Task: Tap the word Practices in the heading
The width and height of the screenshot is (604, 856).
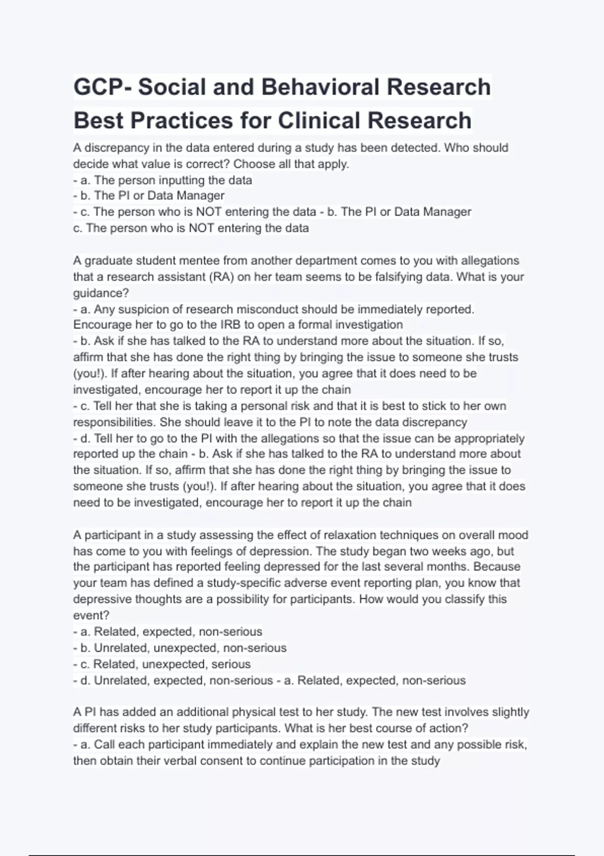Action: coord(182,121)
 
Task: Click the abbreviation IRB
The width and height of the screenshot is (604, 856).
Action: coord(231,325)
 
